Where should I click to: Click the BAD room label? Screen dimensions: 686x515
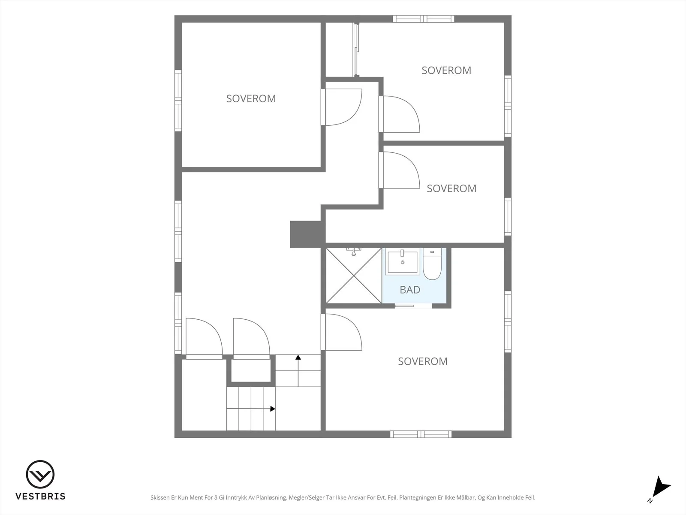410,290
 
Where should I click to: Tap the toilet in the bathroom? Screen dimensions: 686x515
432,264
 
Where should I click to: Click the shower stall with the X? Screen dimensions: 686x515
353,276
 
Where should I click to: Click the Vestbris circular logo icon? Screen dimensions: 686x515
40,474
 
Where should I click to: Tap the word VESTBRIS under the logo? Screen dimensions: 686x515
41,496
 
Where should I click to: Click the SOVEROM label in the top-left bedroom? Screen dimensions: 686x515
251,99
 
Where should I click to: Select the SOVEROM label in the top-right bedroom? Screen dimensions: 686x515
446,70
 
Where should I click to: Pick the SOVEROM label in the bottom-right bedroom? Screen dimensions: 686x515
423,361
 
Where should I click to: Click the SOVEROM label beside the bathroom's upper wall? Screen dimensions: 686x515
451,188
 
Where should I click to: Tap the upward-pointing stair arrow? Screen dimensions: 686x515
298,371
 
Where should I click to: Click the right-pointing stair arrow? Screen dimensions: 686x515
251,409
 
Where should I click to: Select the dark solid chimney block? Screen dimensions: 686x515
307,234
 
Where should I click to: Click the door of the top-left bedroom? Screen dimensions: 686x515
341,107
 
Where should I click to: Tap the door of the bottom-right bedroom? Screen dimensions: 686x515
341,332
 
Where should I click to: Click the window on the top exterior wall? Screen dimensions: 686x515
424,19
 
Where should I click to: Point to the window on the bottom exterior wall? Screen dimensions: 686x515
421,434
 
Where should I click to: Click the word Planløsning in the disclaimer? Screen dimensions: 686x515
271,497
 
